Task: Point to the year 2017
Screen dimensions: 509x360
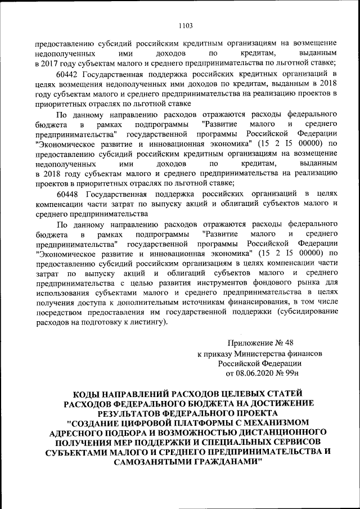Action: [48, 62]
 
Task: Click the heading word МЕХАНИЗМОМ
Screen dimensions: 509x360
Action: [270, 422]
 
